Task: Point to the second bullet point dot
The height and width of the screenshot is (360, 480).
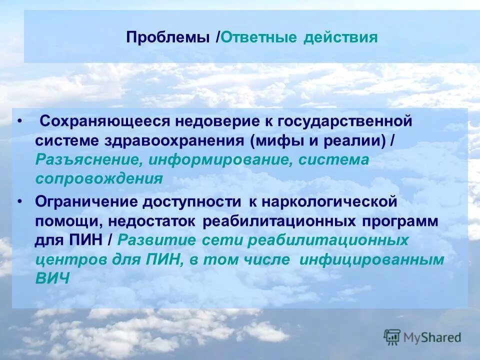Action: (x=19, y=201)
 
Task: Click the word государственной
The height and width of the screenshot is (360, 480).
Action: (x=344, y=121)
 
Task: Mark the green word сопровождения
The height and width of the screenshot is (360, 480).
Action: (x=99, y=179)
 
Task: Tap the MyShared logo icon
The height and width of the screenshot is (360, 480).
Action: (x=392, y=337)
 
